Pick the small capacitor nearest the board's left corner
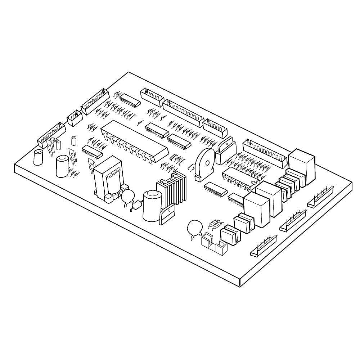click(38, 157)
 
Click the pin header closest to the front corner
click(264, 247)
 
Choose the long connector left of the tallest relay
click(265, 151)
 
